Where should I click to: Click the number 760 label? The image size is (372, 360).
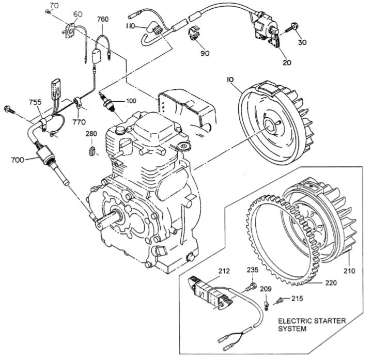[103, 20]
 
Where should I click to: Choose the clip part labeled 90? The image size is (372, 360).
[195, 33]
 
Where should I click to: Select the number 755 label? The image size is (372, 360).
[35, 102]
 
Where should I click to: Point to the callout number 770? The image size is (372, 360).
[79, 122]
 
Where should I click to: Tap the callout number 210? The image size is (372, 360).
[352, 270]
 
